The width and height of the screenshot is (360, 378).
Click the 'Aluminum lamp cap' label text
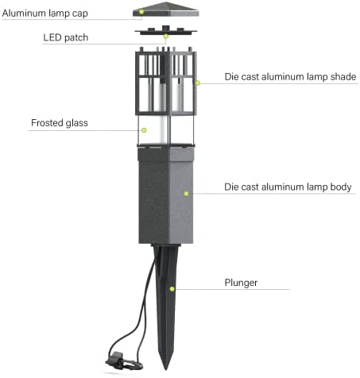pyautogui.click(x=45, y=13)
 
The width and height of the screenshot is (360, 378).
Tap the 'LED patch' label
pyautogui.click(x=66, y=37)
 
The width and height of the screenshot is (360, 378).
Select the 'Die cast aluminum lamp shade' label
pyautogui.click(x=290, y=77)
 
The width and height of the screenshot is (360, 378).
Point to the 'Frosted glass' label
pyautogui.click(x=60, y=123)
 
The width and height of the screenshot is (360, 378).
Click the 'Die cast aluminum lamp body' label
pyautogui.click(x=288, y=187)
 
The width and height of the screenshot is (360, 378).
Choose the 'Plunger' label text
pyautogui.click(x=241, y=283)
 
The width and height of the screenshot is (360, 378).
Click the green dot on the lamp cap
pyautogui.click(x=141, y=12)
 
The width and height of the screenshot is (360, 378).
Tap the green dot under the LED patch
pyautogui.click(x=166, y=37)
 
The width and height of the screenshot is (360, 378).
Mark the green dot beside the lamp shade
pyautogui.click(x=198, y=83)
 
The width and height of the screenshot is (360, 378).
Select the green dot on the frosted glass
pyautogui.click(x=144, y=130)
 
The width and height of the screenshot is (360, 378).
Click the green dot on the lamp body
pyautogui.click(x=186, y=194)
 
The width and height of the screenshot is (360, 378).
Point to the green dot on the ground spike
pyautogui.click(x=172, y=289)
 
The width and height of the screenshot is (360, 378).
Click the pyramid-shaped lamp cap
pyautogui.click(x=166, y=10)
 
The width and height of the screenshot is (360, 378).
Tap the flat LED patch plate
pyautogui.click(x=166, y=31)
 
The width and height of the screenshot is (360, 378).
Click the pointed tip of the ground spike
pyautogui.click(x=166, y=369)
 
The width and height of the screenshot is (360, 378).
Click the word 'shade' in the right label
pyautogui.click(x=343, y=77)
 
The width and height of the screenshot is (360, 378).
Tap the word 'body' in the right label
pyautogui.click(x=341, y=187)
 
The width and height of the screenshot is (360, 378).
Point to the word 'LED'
pyautogui.click(x=52, y=37)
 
